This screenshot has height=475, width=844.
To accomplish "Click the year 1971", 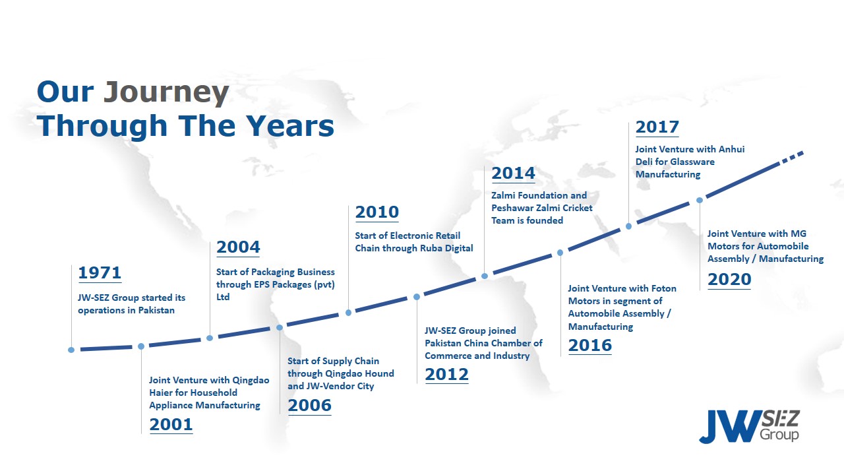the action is tap(100, 272).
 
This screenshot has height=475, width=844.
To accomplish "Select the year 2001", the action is tap(171, 424).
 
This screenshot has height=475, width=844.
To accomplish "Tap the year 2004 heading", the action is tap(238, 247).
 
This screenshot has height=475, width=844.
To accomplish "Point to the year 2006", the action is tap(310, 406).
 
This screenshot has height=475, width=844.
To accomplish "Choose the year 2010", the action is tap(377, 212).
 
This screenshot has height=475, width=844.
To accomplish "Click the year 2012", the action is tap(447, 375).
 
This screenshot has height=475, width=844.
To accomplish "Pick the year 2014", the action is tap(514, 174).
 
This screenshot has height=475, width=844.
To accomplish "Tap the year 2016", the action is tap(590, 345).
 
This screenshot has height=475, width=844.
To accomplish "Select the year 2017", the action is tap(657, 127).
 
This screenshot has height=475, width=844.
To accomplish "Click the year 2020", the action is tap(729, 280).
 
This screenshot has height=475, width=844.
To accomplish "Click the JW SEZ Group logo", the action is tap(750, 426).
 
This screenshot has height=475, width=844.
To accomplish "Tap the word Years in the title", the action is tap(291, 126).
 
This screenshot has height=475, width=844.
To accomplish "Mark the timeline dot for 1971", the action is tap(71, 350).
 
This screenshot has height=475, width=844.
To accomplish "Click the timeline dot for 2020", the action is tap(700, 200).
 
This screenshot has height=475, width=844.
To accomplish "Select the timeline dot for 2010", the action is tap(349, 313).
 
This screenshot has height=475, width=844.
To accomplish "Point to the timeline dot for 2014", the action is tap(485, 276).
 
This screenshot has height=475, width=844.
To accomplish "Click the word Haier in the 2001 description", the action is tap(161, 393).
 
